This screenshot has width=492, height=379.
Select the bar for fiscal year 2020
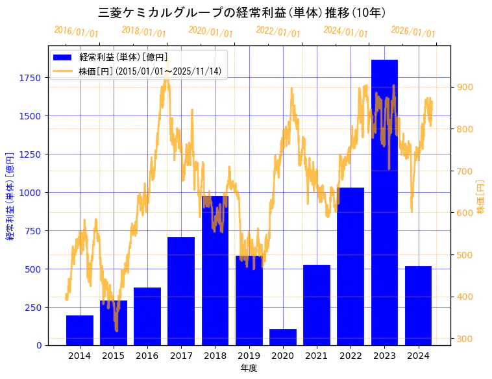pos(283,337)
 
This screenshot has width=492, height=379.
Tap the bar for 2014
pos(80,330)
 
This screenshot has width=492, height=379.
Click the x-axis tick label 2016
pos(147,356)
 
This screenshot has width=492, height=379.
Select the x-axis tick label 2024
pos(418,356)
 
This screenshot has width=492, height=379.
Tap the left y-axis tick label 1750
pos(31,78)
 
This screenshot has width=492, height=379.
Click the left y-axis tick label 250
pos(34,308)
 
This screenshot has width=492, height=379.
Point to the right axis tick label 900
pos(465,87)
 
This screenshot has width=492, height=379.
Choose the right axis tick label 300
pos(465,339)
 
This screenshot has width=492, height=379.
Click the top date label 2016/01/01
pos(77,32)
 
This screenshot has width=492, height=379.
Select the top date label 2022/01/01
pos(278,32)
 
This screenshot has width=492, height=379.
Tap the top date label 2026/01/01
pos(413,32)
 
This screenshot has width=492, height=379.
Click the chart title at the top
pos(245,12)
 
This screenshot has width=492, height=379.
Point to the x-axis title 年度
pos(249,368)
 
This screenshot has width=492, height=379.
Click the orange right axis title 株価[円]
pos(481,197)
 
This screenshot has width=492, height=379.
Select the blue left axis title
pos(10,196)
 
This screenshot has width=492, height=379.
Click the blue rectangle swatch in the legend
pos(65,58)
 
